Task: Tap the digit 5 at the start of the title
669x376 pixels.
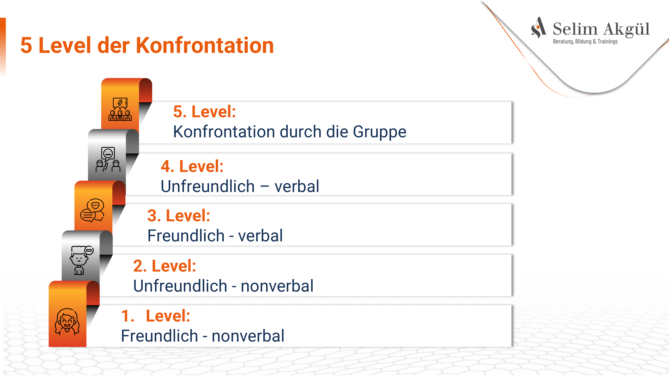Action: (x=26, y=45)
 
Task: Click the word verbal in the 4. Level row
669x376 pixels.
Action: (x=297, y=186)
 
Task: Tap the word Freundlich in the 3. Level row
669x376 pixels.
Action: (x=186, y=236)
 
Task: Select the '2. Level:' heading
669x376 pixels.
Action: (x=165, y=266)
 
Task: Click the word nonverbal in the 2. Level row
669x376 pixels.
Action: (x=277, y=286)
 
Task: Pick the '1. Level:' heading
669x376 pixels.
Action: (x=156, y=316)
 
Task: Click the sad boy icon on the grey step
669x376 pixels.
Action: (x=81, y=260)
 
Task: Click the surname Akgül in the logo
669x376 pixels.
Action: (x=626, y=29)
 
